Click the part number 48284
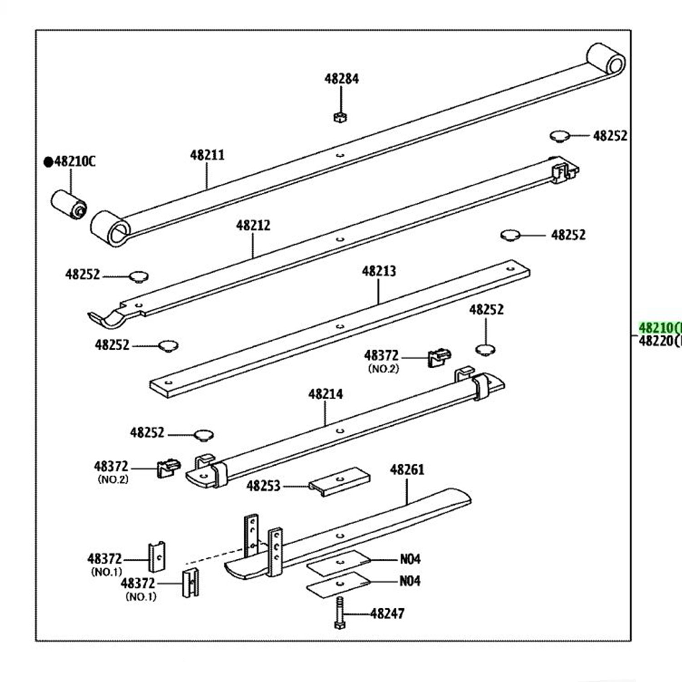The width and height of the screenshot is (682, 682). [x=341, y=79]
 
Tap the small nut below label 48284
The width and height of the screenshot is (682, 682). [x=340, y=117]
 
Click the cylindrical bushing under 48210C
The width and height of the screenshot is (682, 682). [x=68, y=206]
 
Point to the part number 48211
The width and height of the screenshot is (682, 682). [x=207, y=155]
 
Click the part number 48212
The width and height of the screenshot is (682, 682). [x=253, y=226]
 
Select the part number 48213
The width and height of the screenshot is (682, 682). [x=379, y=271]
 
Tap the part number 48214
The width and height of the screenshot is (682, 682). [x=325, y=394]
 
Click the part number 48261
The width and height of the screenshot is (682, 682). [x=407, y=469]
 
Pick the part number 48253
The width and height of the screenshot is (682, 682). [x=263, y=486]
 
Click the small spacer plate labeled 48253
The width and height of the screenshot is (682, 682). [x=339, y=481]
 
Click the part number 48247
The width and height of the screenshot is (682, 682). [x=387, y=614]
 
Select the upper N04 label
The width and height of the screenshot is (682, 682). [x=410, y=559]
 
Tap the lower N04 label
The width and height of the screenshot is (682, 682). [x=410, y=581]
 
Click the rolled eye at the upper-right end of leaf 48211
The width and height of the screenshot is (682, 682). [x=607, y=59]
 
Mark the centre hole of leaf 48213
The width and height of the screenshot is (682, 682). [x=339, y=326]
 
